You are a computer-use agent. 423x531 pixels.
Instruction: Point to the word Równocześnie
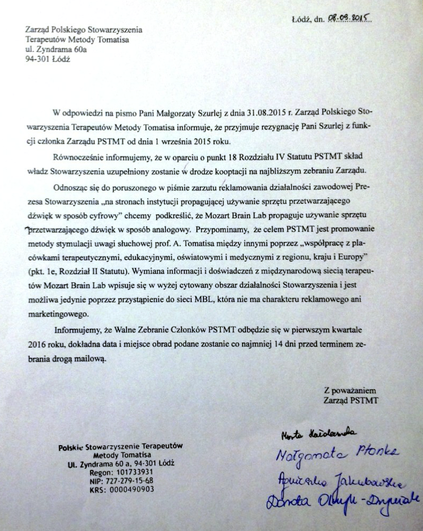(75, 157)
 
